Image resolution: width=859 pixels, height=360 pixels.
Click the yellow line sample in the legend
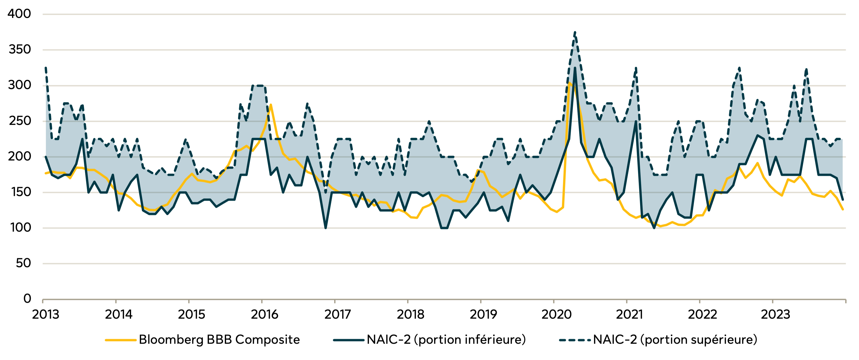pyautogui.click(x=121, y=340)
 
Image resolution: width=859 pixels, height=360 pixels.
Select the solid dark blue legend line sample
pyautogui.click(x=348, y=340)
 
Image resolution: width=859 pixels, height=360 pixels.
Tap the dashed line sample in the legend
pyautogui.click(x=575, y=340)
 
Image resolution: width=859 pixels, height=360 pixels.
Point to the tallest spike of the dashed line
pyautogui.click(x=575, y=33)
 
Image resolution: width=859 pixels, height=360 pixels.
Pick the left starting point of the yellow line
pyautogui.click(x=46, y=173)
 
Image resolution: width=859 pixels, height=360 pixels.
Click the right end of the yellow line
pyautogui.click(x=843, y=209)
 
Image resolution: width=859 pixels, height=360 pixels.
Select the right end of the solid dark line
pyautogui.click(x=843, y=199)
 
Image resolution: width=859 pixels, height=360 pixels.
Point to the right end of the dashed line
pyautogui.click(x=843, y=139)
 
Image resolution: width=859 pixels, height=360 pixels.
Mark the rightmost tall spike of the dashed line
pyautogui.click(x=806, y=69)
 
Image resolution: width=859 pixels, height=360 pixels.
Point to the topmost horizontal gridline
pyautogui.click(x=443, y=14)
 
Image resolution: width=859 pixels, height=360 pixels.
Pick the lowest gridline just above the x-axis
pyautogui.click(x=443, y=264)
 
